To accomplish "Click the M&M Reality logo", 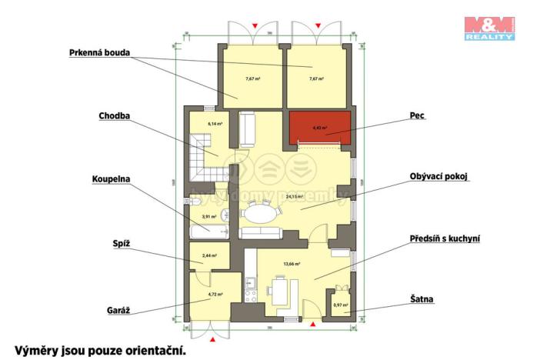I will click(489, 27).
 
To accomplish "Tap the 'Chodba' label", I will click(114, 117).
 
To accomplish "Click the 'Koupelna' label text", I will click(111, 179).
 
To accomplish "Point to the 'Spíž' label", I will click(122, 244).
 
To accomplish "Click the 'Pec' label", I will click(418, 117).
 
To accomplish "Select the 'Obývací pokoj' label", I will click(439, 176).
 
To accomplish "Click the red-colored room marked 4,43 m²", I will click(319, 128).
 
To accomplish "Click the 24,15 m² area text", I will click(294, 197).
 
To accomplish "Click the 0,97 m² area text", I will click(340, 305).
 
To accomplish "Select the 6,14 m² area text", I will click(215, 124).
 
